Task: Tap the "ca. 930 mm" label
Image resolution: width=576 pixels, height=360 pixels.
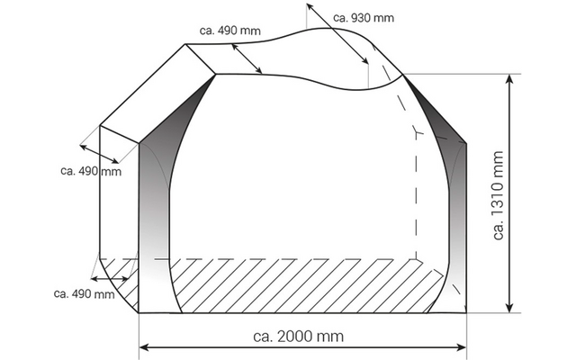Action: (x=363, y=17)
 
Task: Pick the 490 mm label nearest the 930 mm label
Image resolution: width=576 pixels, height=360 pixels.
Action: (x=230, y=31)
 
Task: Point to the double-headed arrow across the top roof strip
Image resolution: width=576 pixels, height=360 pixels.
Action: (x=247, y=59)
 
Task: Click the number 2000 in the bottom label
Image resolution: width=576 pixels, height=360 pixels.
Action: (x=296, y=337)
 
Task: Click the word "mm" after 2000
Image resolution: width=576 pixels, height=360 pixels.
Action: (x=333, y=337)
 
